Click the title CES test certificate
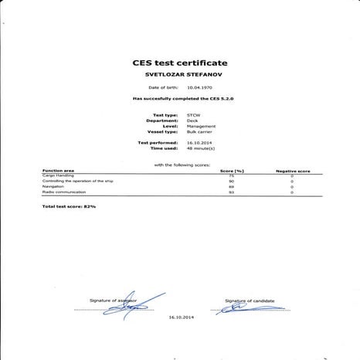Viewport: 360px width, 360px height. [x=181, y=63]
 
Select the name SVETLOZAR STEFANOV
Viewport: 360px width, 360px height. [x=179, y=75]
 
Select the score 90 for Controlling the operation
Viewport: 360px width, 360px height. [x=232, y=182]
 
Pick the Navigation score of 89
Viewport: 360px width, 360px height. [x=232, y=187]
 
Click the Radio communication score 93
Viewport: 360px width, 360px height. [x=232, y=192]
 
